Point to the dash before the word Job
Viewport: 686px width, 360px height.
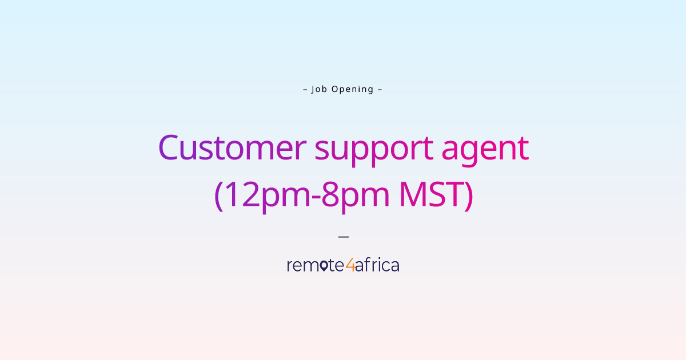(305, 89)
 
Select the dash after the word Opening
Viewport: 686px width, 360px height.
(380, 89)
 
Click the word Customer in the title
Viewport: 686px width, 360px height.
(232, 147)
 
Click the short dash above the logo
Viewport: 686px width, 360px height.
(343, 235)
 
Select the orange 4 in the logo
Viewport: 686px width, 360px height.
(350, 265)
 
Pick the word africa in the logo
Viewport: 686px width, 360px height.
(377, 265)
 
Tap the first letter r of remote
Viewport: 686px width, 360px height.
(289, 266)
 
